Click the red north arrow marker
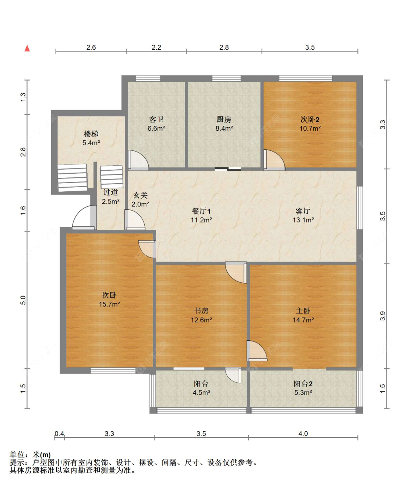(27, 48)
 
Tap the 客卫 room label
(156, 120)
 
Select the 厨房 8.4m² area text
(224, 128)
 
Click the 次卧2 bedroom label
(310, 120)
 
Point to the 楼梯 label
(91, 134)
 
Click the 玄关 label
(140, 195)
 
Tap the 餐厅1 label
(201, 211)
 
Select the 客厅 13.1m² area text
(303, 220)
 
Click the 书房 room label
(201, 311)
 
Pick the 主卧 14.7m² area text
(303, 320)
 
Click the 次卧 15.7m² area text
(109, 304)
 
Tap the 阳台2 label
(303, 384)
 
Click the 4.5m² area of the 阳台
(201, 393)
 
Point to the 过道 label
(110, 192)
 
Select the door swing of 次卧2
(274, 160)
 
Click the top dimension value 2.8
(224, 47)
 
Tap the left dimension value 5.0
(23, 300)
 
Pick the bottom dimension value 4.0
(303, 434)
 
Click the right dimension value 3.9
(383, 316)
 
